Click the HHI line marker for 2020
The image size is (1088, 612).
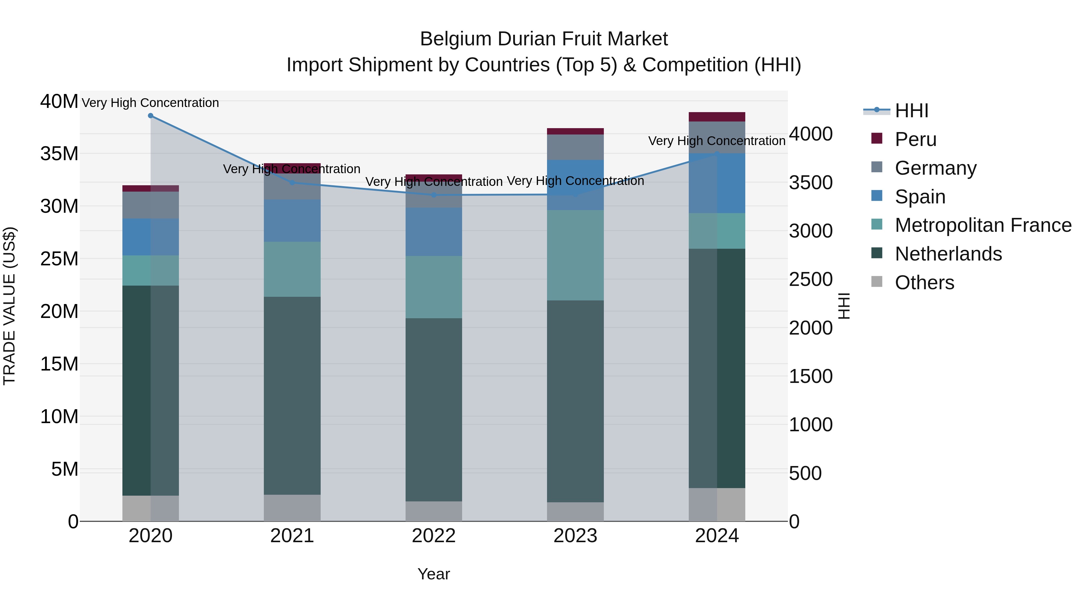point(151,116)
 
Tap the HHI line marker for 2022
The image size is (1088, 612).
point(434,195)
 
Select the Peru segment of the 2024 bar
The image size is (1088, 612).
point(717,117)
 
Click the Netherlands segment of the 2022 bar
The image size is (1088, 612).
point(434,410)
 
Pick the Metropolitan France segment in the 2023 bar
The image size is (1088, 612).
point(575,255)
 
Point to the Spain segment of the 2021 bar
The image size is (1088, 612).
point(292,221)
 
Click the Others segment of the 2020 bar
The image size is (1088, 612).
point(151,509)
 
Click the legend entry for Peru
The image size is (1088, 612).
point(915,139)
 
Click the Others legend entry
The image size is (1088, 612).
point(924,283)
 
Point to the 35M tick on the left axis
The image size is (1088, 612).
point(59,154)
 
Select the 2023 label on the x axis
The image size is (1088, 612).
point(575,536)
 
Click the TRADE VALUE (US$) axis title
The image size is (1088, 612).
point(9,306)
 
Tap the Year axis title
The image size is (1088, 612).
point(434,574)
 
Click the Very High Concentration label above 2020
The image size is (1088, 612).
point(151,103)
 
